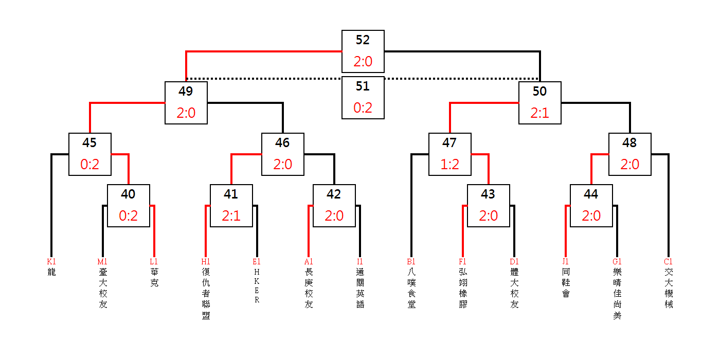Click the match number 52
[363, 40]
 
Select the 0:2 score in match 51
[363, 108]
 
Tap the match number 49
[186, 92]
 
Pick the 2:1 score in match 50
[539, 113]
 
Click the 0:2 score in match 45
[89, 165]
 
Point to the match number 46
[282, 143]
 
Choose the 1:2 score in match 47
[449, 165]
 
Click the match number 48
[629, 143]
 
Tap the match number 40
[128, 194]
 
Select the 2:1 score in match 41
[231, 216]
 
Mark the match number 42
[334, 194]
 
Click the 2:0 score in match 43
[488, 216]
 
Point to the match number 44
[591, 194]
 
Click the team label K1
[51, 262]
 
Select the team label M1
[102, 262]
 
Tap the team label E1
[257, 262]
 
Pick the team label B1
[411, 262]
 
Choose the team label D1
[514, 262]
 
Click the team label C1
[668, 262]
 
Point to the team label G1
[617, 262]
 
